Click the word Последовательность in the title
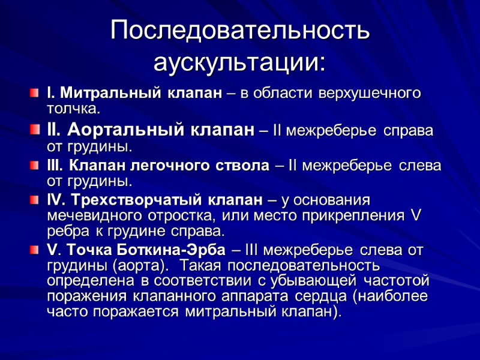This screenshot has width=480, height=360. pos(240,31)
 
